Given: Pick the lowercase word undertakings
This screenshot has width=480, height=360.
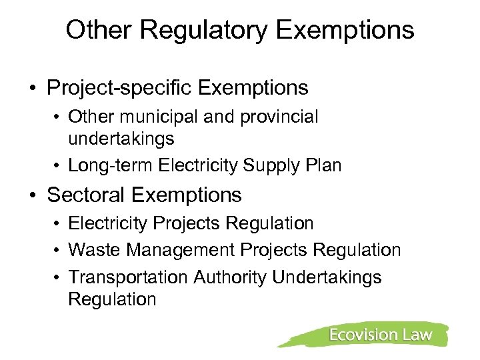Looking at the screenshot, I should point(121,139).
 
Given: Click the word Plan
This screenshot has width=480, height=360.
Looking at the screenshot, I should point(324,165).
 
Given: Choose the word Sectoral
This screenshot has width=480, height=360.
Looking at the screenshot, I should point(87,195).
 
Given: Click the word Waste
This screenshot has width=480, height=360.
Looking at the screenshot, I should point(90,250).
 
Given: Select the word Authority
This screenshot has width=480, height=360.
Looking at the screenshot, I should point(231,277).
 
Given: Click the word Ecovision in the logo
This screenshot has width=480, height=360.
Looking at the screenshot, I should point(361,335).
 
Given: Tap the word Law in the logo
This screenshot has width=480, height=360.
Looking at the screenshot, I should point(418,335).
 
